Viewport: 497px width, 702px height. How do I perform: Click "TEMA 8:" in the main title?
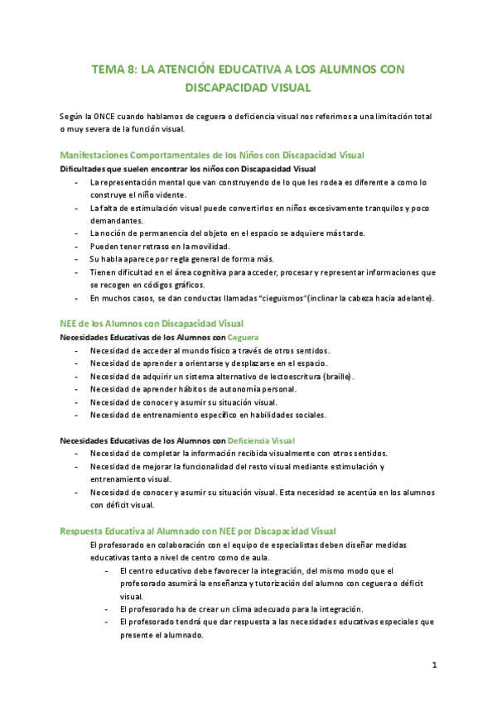114,71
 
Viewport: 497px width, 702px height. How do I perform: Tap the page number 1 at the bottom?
434,665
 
